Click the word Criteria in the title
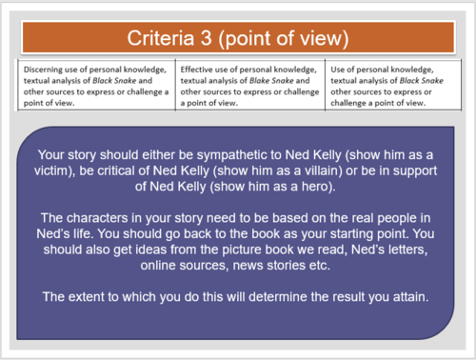[x=163, y=38]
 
